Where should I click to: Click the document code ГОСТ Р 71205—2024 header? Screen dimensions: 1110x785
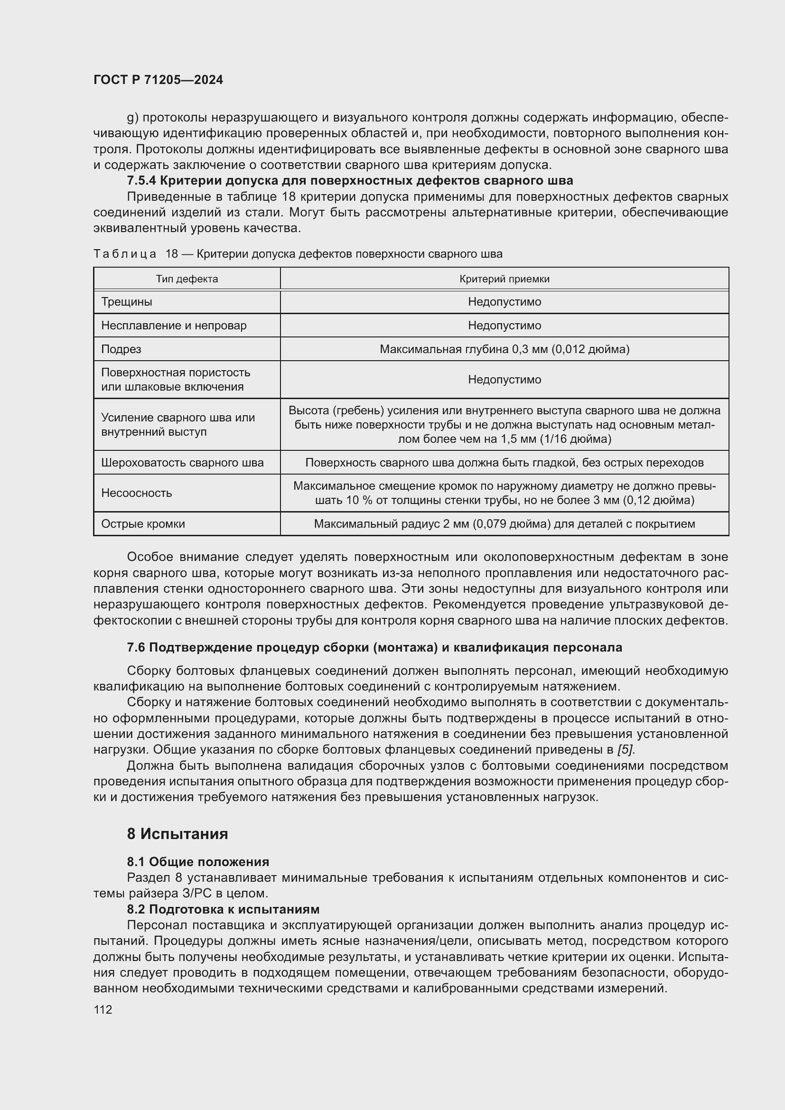coord(158,80)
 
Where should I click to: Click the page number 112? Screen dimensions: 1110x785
coord(103,1009)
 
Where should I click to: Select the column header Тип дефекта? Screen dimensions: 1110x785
coord(187,279)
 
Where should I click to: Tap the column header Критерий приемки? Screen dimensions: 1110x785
coord(504,279)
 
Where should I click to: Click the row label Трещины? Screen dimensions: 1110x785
coord(127,302)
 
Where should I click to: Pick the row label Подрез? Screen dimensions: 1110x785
coord(121,349)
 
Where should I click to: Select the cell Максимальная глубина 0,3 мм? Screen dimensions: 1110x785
coord(504,349)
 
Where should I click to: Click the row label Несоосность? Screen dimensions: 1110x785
coord(136,493)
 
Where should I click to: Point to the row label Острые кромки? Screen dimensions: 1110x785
coord(143,523)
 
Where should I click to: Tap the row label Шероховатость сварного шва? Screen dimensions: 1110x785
coord(182,463)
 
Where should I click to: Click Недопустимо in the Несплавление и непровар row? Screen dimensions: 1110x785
coord(504,326)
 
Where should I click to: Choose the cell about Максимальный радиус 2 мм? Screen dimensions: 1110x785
coord(504,523)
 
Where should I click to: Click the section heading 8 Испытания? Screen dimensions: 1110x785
coord(178,834)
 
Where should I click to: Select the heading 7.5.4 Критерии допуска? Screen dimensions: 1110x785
coord(349,181)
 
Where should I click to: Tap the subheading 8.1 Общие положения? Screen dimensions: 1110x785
coord(198,862)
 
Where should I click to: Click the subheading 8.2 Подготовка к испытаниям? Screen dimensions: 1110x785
coord(223,909)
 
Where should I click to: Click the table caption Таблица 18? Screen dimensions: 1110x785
coord(297,254)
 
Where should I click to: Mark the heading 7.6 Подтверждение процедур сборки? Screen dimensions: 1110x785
coord(374,648)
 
